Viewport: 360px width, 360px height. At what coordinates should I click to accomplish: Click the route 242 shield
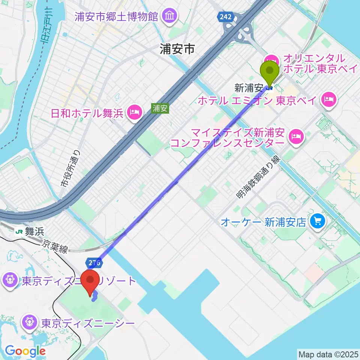coord(226,17)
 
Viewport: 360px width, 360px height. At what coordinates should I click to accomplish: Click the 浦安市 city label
coord(177,49)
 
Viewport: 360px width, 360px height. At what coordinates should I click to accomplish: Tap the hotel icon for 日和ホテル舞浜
coord(134,112)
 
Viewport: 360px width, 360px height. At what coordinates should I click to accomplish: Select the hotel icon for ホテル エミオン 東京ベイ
coord(330,100)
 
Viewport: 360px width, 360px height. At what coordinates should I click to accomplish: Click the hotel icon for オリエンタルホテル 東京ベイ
coord(271,60)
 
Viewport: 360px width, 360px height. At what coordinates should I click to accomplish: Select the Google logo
coord(25,351)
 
